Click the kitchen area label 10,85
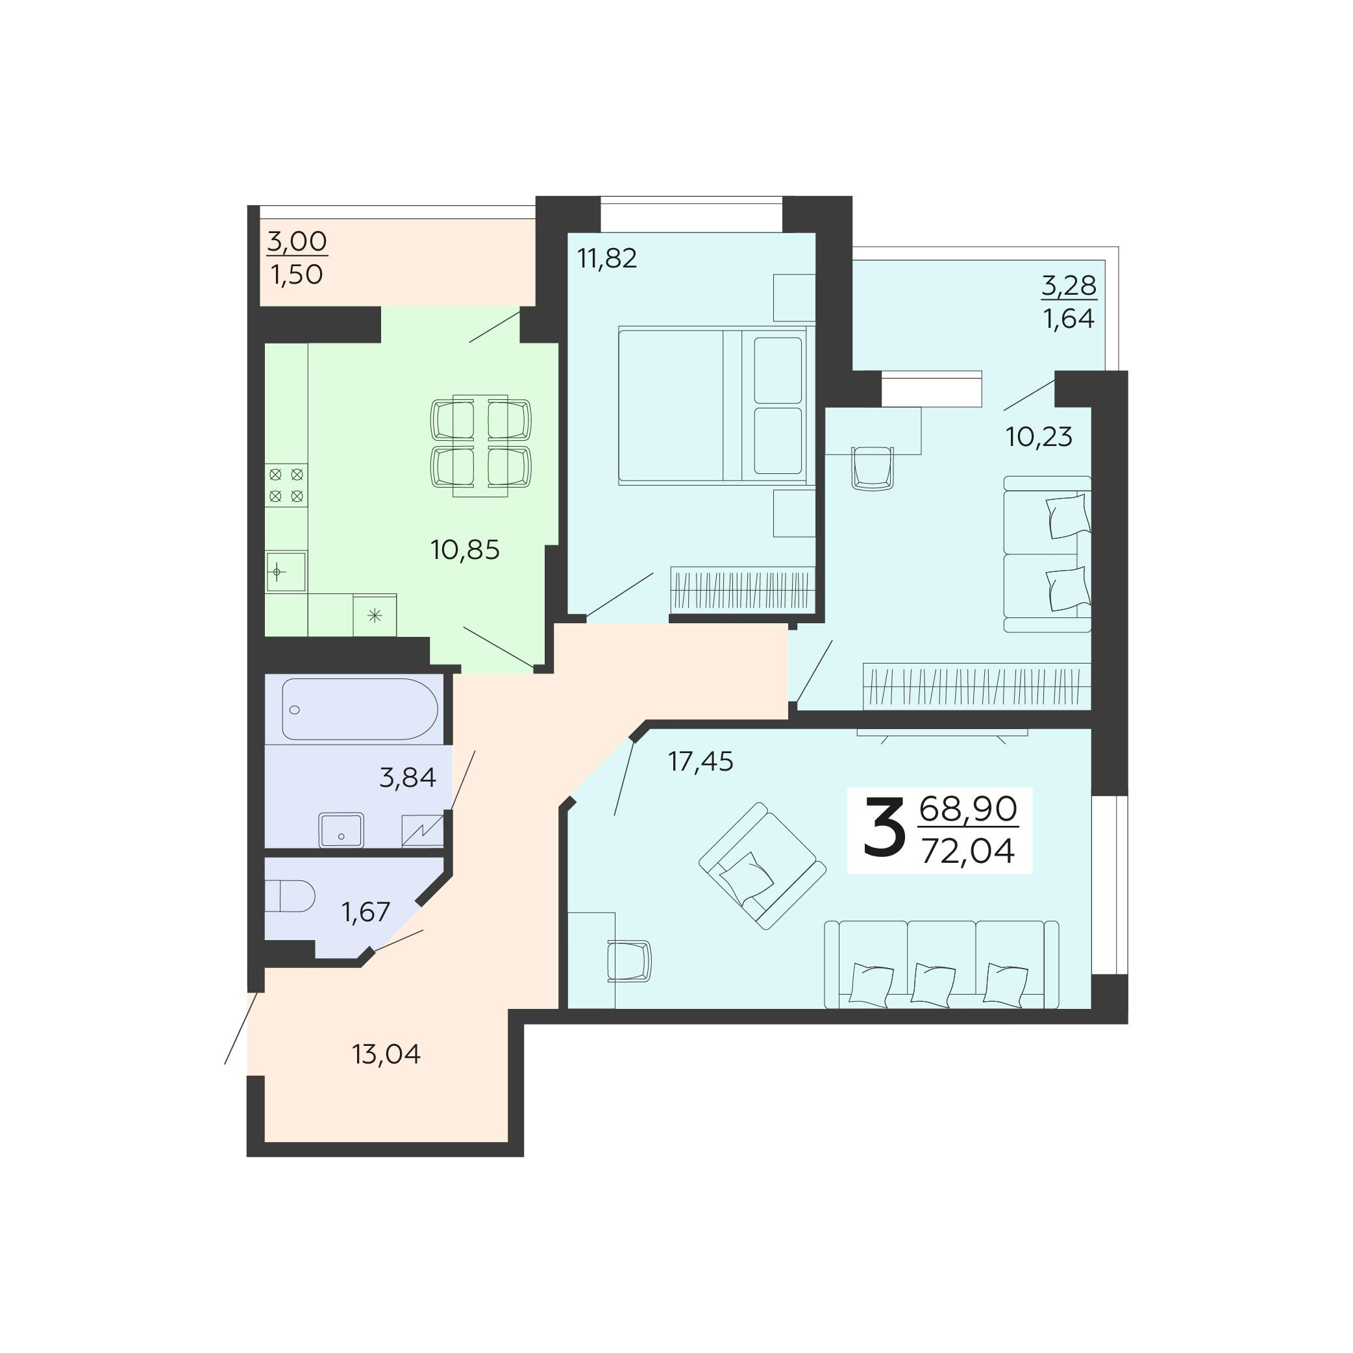click(x=465, y=551)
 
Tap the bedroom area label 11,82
click(x=606, y=258)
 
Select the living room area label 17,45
click(x=701, y=762)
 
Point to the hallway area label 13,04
click(x=386, y=1054)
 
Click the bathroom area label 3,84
click(x=408, y=777)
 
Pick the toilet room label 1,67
click(x=366, y=912)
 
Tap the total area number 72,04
click(x=968, y=852)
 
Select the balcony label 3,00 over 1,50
click(x=297, y=258)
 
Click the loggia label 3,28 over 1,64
click(x=1069, y=302)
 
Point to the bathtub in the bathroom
click(x=359, y=709)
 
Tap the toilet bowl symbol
click(x=291, y=896)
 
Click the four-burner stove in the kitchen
click(x=286, y=486)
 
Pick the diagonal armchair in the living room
click(x=762, y=865)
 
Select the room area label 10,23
click(x=1039, y=437)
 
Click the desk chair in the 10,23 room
click(x=872, y=467)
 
